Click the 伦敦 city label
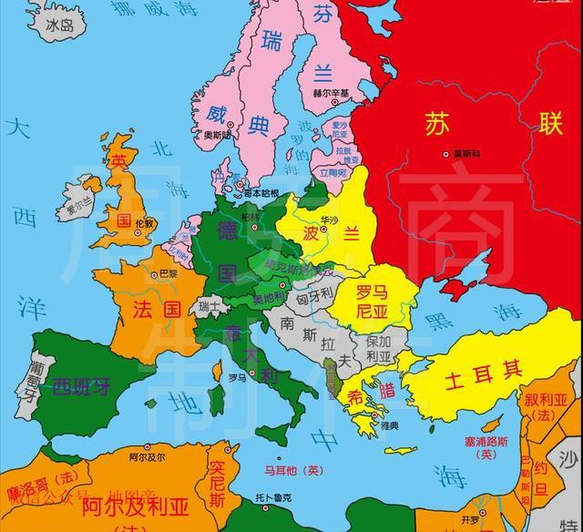click(144, 223)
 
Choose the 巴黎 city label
click(169, 272)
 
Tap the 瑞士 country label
click(210, 306)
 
